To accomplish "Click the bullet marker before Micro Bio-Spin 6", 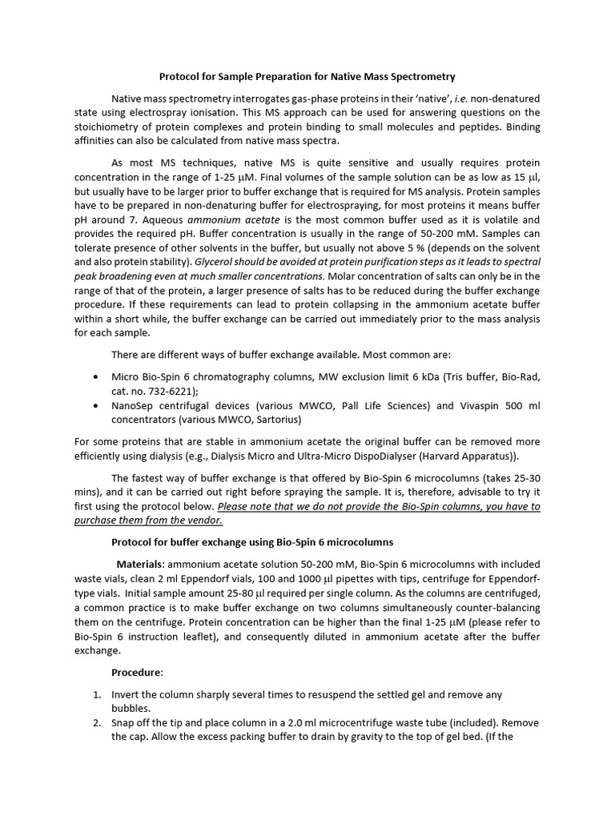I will (x=97, y=376).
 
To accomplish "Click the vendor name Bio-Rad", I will (x=519, y=376).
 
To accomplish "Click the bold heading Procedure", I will (x=137, y=672).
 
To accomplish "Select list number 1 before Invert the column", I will (x=96, y=694).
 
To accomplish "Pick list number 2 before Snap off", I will (x=96, y=722).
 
